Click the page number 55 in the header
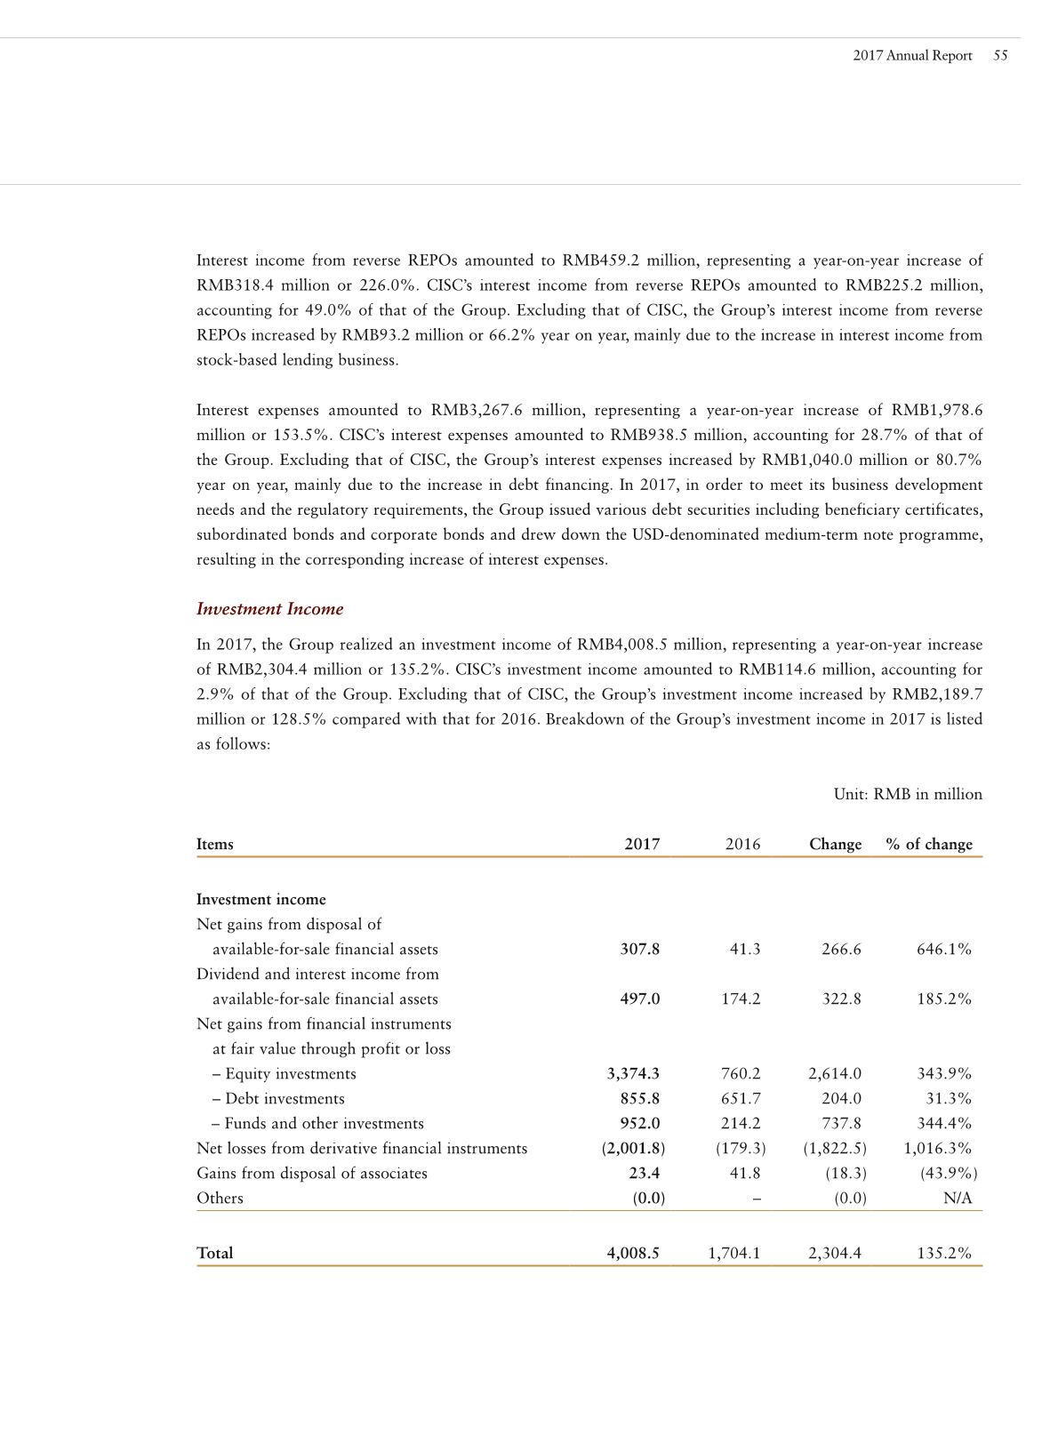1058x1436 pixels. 1000,55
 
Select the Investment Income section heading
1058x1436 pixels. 269,609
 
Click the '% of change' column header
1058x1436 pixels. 929,844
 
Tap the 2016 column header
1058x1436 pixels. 742,844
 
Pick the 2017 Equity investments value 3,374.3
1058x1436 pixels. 633,1073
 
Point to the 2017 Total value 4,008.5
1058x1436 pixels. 633,1253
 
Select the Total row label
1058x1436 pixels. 214,1253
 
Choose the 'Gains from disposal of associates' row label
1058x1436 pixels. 311,1173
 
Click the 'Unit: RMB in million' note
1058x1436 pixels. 908,794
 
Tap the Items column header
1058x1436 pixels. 214,844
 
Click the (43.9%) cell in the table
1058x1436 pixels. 949,1173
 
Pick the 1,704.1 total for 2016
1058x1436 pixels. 734,1253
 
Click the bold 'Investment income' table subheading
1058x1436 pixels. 260,899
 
